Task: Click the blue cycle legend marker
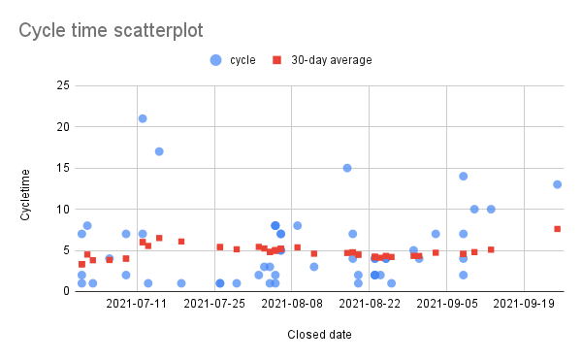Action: click(215, 60)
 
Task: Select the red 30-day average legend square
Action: click(277, 60)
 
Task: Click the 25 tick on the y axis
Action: click(61, 86)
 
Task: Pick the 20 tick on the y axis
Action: click(61, 127)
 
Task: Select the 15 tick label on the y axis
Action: click(61, 168)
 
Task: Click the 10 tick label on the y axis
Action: click(61, 210)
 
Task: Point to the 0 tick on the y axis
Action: click(64, 291)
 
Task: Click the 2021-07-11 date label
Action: click(136, 305)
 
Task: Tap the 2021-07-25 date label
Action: click(213, 305)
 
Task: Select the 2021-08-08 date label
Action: click(291, 305)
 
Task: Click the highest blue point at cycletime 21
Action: click(143, 118)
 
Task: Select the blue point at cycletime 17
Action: click(159, 151)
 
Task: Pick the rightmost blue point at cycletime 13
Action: click(558, 184)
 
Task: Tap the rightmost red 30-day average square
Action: click(558, 229)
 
